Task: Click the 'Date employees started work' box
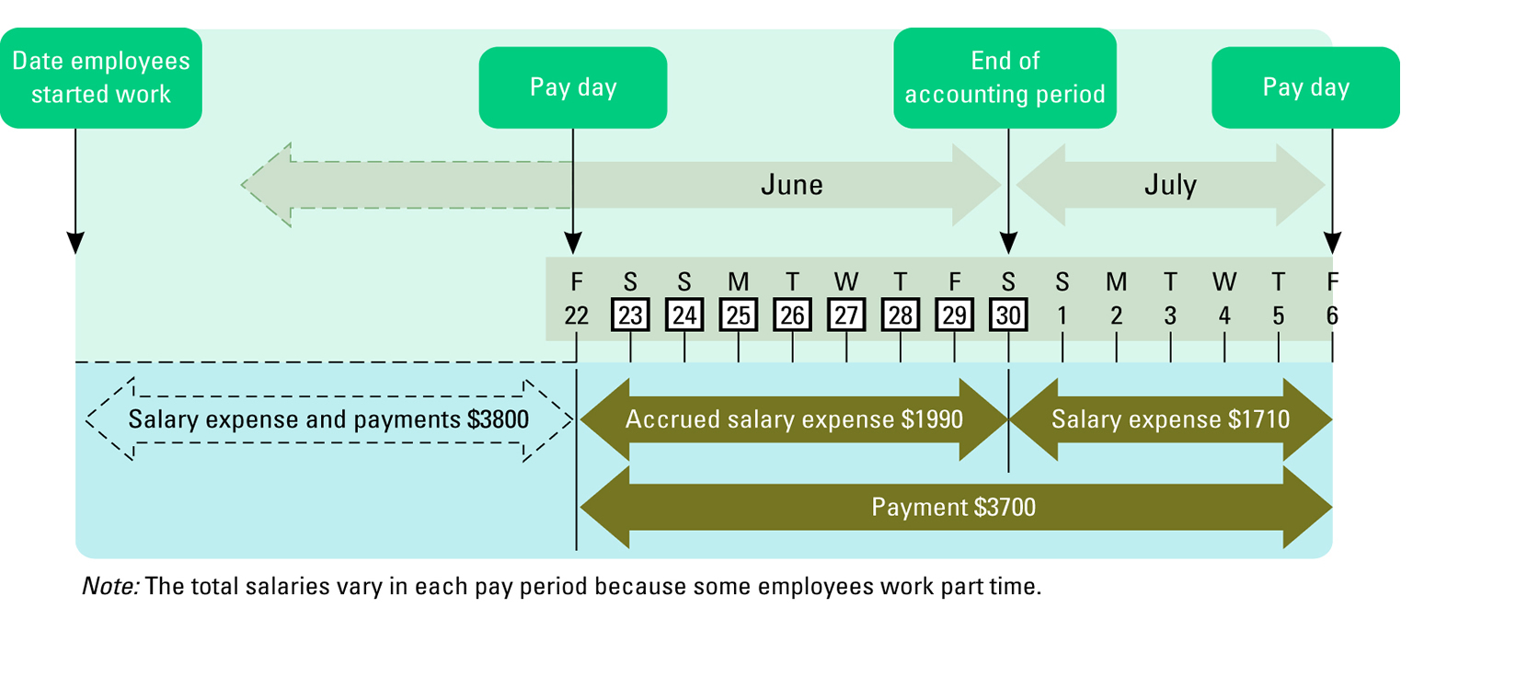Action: (x=101, y=77)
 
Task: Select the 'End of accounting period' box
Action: (x=1005, y=77)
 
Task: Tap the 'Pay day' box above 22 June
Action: (x=572, y=87)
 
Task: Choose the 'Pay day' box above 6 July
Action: (x=1305, y=87)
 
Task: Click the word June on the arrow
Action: (x=791, y=185)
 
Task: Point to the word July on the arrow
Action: (x=1170, y=185)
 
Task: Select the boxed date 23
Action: (x=630, y=315)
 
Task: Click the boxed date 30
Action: (x=1008, y=315)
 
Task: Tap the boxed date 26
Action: (x=792, y=315)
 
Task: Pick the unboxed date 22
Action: (x=576, y=315)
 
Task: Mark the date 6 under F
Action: (x=1332, y=315)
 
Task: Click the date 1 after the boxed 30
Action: (x=1062, y=315)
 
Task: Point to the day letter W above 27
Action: (x=846, y=281)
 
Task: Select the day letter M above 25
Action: (x=738, y=281)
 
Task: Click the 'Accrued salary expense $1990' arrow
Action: (x=794, y=419)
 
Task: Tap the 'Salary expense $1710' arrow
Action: (x=1170, y=419)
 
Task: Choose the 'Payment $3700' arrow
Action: (x=954, y=507)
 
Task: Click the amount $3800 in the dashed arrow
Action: (x=498, y=419)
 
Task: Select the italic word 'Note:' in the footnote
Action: (x=109, y=586)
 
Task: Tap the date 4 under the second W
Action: (x=1224, y=315)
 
